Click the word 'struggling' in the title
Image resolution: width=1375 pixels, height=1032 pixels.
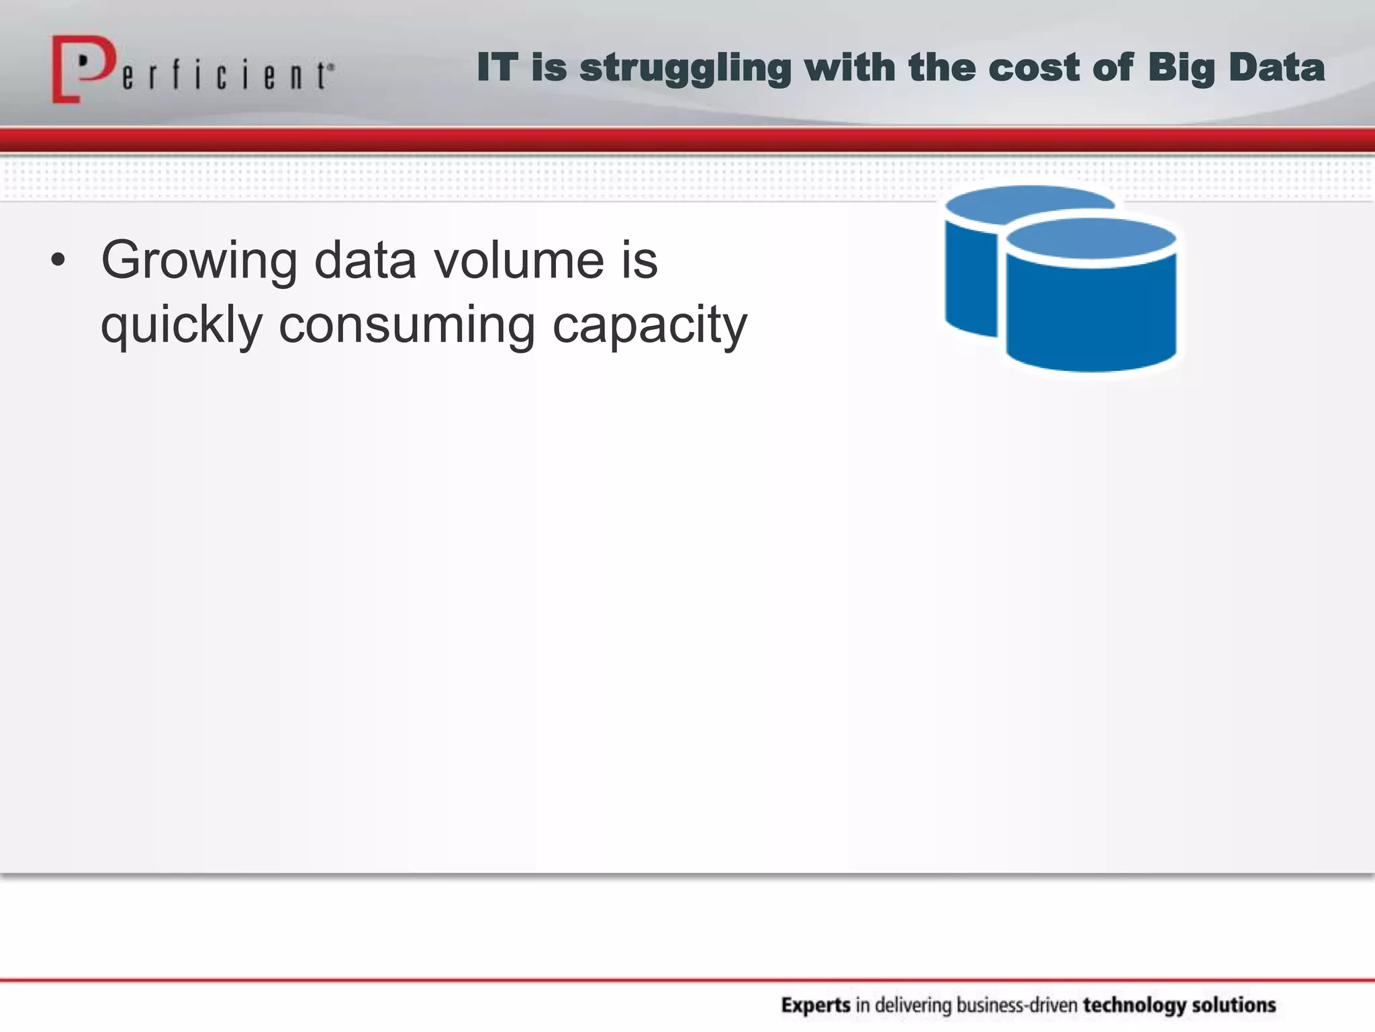[x=685, y=69]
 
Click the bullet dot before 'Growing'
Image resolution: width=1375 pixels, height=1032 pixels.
[x=58, y=261]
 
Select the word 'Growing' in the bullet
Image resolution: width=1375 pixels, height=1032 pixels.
[x=199, y=262]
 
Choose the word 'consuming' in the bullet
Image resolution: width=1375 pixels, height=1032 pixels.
[x=407, y=325]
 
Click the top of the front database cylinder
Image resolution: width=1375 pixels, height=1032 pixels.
[x=1092, y=239]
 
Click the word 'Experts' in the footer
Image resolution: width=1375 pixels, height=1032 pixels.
[x=816, y=1005]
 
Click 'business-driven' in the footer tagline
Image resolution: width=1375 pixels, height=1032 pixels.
[x=1016, y=1005]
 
